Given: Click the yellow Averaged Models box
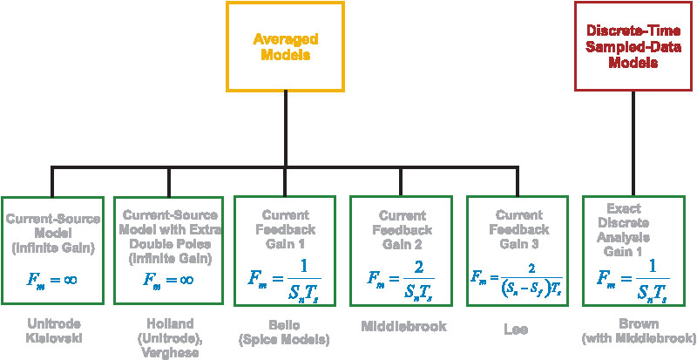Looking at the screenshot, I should pos(286,46).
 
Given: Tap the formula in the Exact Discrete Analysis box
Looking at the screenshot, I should pos(633,278).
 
